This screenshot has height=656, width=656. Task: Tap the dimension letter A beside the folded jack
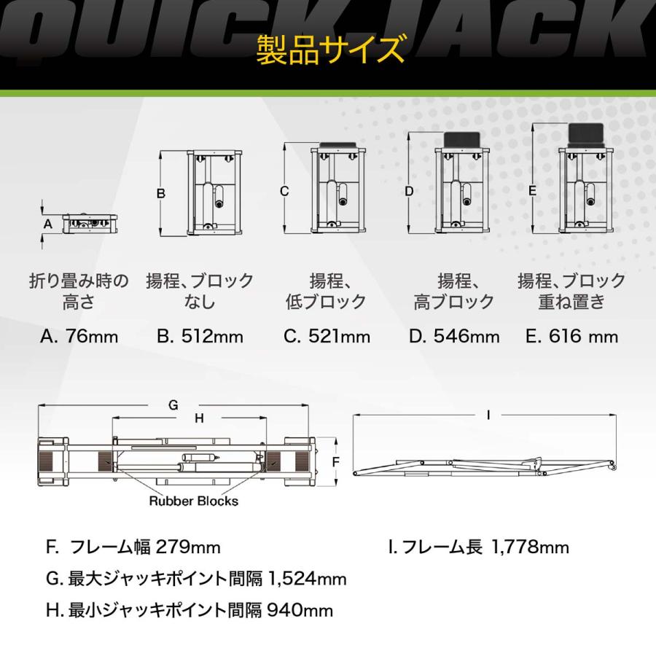[x=48, y=224]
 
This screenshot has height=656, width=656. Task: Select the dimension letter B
[x=161, y=193]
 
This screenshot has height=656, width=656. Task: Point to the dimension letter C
[x=285, y=192]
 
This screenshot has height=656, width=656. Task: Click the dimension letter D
[x=410, y=192]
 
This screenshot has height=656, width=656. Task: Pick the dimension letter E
[x=533, y=190]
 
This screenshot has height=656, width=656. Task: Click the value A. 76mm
[x=79, y=337]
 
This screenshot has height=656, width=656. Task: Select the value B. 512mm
[x=200, y=337]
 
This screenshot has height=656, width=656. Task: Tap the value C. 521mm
[x=327, y=337]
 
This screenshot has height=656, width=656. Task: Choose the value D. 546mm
[x=455, y=337]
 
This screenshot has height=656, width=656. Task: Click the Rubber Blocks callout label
[x=193, y=501]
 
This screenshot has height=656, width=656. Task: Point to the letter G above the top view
[x=173, y=406]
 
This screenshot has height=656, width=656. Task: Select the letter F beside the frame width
[x=336, y=462]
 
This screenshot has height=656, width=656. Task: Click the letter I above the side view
[x=488, y=414]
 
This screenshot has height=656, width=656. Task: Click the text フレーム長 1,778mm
[x=479, y=547]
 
